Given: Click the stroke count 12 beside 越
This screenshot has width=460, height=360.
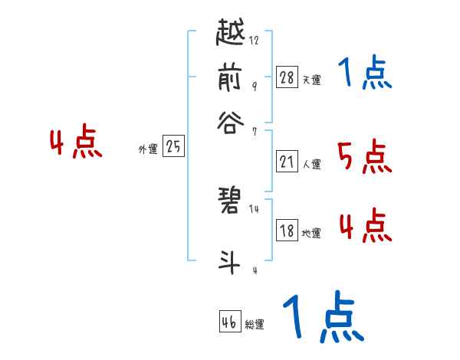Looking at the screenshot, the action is pos(255,41).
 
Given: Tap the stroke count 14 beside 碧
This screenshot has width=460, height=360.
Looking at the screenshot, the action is pos(255,208).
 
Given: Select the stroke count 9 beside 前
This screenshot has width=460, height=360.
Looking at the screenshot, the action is pos(255,86).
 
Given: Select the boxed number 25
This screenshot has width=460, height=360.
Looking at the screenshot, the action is pos(174,147).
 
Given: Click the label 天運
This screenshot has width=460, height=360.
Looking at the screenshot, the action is pos(311,80).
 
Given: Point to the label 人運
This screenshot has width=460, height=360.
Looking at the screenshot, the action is pos(311,164).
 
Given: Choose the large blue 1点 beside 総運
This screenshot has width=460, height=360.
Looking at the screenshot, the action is pos(323,316).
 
